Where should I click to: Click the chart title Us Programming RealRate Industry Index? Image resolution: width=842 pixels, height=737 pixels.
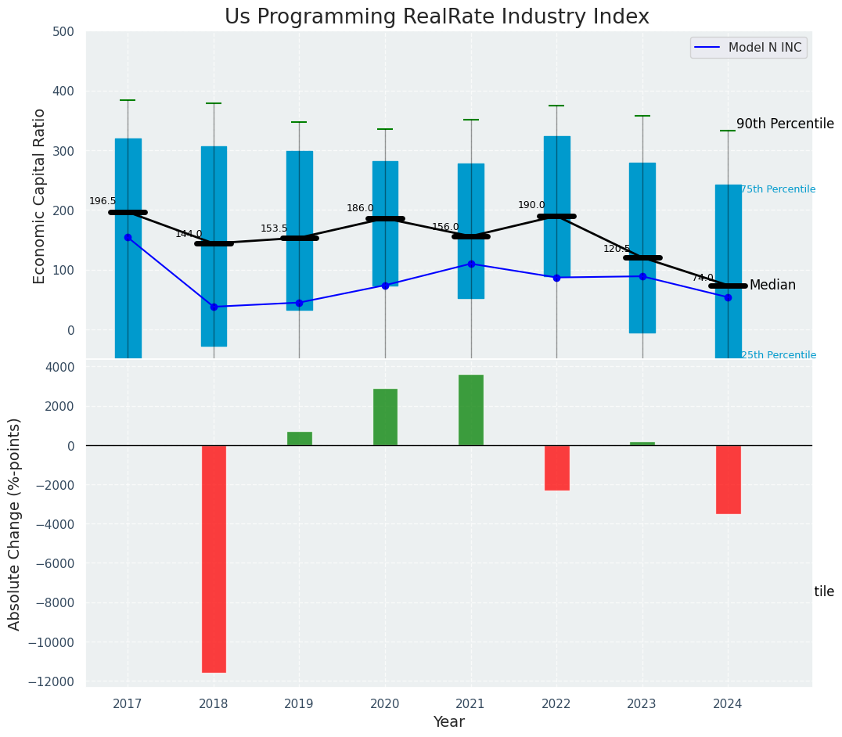pos(437,17)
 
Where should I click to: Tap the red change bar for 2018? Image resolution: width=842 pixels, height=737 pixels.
pos(214,559)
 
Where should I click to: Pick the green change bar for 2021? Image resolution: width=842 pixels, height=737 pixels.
pos(471,410)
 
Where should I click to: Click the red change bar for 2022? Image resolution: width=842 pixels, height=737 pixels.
pos(556,468)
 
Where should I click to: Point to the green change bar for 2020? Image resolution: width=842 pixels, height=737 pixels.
pos(385,417)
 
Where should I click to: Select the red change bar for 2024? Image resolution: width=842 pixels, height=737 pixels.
pos(728,480)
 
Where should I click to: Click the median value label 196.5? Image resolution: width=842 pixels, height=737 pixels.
pos(103,201)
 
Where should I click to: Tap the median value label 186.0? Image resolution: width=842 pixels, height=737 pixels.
pos(360,208)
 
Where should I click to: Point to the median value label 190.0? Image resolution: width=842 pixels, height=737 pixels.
pos(531,205)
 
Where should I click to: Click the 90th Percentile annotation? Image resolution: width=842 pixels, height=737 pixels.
pos(785,124)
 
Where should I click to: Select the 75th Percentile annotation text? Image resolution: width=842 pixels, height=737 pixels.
pos(778,189)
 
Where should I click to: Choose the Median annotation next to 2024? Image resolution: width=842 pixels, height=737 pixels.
pos(772,286)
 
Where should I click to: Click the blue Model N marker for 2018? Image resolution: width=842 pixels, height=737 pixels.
pos(214,307)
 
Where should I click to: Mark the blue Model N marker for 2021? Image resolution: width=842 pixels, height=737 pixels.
pos(471,264)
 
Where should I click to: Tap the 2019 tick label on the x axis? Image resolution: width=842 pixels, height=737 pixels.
pos(299,704)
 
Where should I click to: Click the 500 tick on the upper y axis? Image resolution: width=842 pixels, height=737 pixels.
pos(63,32)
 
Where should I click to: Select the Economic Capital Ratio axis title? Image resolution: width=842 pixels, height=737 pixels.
pos(40,196)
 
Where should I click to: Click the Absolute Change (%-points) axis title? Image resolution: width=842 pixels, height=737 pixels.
pos(15,523)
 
